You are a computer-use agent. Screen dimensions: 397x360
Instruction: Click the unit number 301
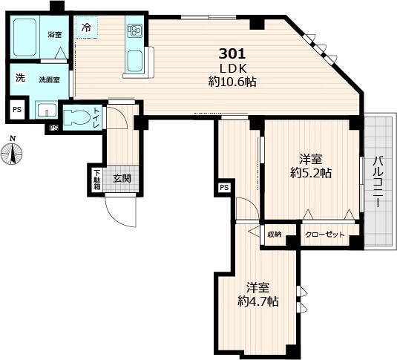coord(232,53)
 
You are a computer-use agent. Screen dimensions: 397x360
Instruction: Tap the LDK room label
coord(233,68)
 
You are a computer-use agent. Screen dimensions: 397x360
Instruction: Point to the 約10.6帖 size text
coord(232,82)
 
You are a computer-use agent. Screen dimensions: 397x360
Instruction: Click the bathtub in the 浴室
coord(24,37)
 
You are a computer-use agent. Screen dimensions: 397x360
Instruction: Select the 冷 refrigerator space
coord(87,27)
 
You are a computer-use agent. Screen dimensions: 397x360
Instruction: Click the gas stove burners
coord(134,30)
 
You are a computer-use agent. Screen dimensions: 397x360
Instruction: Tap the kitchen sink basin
coord(135,61)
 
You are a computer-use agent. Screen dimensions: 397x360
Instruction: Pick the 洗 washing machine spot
coord(20,77)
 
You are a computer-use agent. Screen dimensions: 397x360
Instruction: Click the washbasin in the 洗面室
coord(46,110)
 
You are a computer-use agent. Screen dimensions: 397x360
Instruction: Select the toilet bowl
coord(76,117)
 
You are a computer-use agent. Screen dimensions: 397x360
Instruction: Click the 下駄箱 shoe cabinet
coord(97,180)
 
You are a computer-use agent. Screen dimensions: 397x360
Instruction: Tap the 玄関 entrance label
coord(122,179)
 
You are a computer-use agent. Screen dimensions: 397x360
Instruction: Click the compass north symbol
coord(12,151)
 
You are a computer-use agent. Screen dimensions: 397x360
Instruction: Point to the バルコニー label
coord(378,182)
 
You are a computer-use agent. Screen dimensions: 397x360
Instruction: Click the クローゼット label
coord(325,235)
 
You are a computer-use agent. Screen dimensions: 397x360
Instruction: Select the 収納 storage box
coord(275,235)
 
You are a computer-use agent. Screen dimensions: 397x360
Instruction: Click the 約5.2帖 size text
coord(311,173)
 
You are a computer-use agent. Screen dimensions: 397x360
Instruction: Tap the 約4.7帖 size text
coord(258,301)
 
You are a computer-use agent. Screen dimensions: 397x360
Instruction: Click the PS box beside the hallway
coord(224,188)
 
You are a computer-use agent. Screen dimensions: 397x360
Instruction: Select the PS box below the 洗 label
coord(17,110)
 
